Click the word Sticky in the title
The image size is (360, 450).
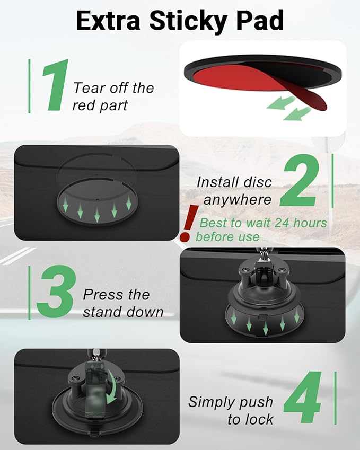(188, 21)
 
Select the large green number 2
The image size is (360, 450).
(299, 180)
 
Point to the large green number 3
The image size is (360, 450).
(56, 292)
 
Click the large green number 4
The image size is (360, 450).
(302, 398)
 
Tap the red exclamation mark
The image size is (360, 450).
(188, 223)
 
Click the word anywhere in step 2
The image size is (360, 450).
(237, 200)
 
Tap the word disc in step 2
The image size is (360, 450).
(258, 182)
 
